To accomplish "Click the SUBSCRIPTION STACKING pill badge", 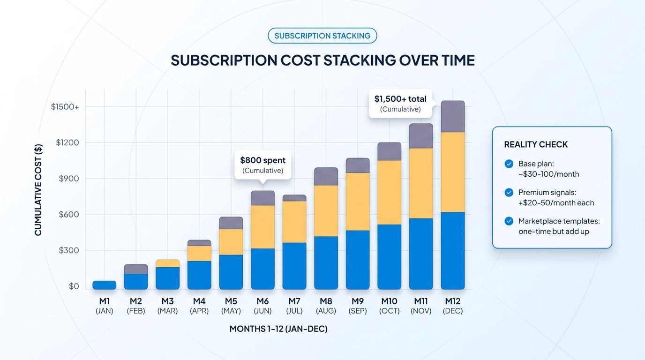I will [x=322, y=36].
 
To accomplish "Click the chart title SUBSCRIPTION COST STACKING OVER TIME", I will [x=322, y=60].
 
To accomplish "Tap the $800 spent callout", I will [x=262, y=165].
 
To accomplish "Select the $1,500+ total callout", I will [x=400, y=104].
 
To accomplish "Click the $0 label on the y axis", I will [x=74, y=286].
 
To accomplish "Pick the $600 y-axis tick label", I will [x=68, y=214].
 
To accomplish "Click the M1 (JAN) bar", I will [x=104, y=285].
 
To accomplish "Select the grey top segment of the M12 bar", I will [x=452, y=116].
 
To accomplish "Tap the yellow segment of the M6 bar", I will [x=262, y=226].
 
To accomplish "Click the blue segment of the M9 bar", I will [x=358, y=260].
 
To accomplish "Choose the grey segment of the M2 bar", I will [x=136, y=269].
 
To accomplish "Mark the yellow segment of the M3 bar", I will [x=167, y=263].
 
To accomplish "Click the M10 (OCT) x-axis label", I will [x=389, y=306].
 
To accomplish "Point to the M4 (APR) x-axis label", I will [x=199, y=306].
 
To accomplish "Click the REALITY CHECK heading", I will [x=536, y=145].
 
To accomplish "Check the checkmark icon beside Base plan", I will [x=509, y=164].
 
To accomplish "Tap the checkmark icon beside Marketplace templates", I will [x=509, y=221].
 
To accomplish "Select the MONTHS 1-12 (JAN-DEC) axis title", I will [x=278, y=329].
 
